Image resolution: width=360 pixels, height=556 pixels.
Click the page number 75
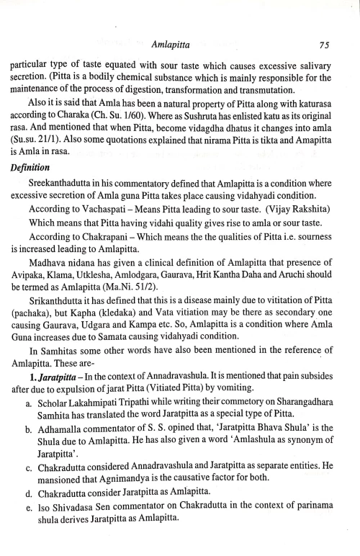coord(324,45)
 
